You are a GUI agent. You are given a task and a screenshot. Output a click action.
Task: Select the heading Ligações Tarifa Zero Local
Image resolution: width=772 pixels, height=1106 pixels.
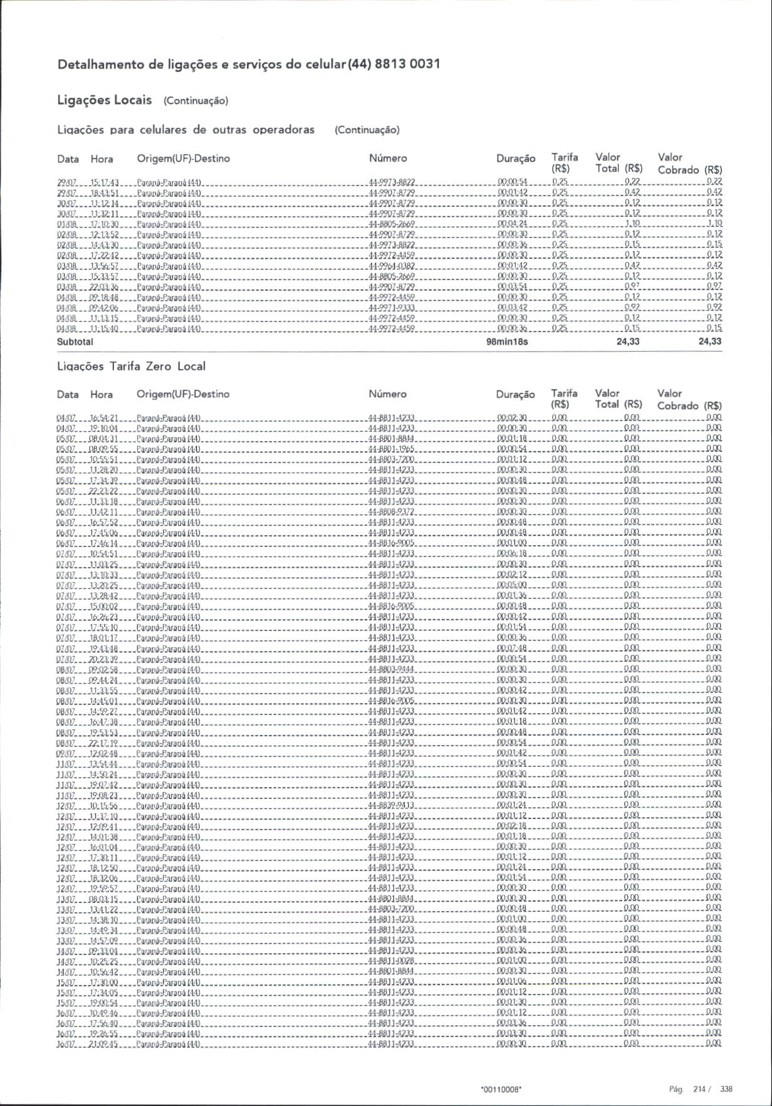[131, 366]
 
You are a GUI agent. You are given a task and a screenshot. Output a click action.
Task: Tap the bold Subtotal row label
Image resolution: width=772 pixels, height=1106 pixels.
[75, 342]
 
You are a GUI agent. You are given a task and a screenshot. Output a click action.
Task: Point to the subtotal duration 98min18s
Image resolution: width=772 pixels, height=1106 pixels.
[507, 342]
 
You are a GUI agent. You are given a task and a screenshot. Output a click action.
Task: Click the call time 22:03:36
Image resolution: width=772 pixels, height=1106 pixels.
[104, 287]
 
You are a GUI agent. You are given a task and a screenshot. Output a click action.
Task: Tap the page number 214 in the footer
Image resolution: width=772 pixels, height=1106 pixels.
[699, 1089]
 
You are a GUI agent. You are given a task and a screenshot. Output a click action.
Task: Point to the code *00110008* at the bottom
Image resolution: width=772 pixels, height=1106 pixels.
[501, 1090]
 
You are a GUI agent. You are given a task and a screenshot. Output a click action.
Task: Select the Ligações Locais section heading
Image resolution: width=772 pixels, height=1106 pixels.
[104, 100]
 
